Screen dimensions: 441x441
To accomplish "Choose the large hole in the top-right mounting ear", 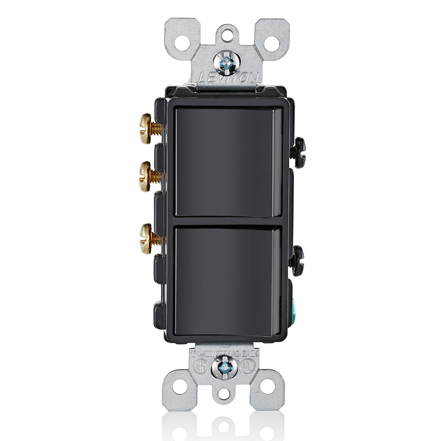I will (x=272, y=43).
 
